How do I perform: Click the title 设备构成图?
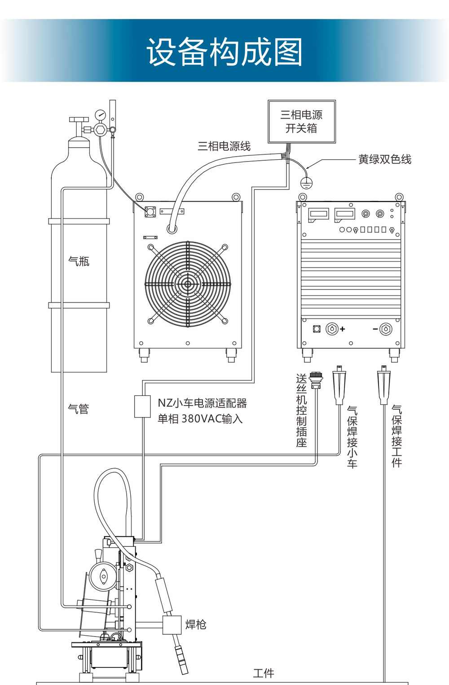pos(224,52)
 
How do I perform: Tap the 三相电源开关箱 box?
pos(301,122)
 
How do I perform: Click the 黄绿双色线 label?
pos(384,159)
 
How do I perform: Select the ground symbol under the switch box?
pos(306,182)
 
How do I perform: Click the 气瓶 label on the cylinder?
pos(79,261)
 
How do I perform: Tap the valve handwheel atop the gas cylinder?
pos(79,120)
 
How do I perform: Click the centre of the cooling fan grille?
pos(187,284)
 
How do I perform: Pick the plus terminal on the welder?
pos(333,329)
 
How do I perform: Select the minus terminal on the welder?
pos(385,329)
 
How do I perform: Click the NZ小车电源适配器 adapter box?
pos(142,406)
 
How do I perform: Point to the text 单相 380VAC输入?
pos(200,419)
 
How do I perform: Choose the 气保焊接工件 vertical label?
pos(396,436)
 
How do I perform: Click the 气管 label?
pos(79,408)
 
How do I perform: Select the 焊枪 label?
pos(196,624)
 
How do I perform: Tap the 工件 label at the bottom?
pos(264,673)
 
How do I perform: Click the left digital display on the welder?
pos(318,215)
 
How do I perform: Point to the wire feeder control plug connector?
pos(315,379)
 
